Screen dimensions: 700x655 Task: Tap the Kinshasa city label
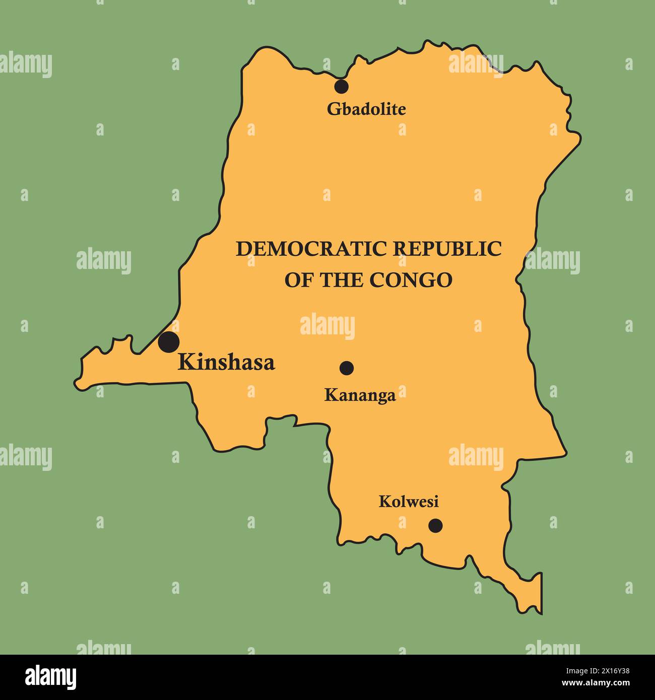(226, 363)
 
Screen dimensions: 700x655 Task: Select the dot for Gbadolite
(341, 86)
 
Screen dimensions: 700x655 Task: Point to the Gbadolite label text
(366, 109)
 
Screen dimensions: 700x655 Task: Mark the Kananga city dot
(346, 368)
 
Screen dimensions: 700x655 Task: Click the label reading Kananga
(360, 395)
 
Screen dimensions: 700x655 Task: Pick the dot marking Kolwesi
(435, 526)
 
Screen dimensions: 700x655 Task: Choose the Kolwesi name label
(409, 502)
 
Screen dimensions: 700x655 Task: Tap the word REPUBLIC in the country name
(447, 249)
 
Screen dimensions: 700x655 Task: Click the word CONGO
(411, 280)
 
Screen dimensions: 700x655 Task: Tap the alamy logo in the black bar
(51, 677)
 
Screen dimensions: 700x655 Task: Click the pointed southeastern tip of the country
(541, 613)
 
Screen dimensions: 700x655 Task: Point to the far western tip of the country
(77, 383)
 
